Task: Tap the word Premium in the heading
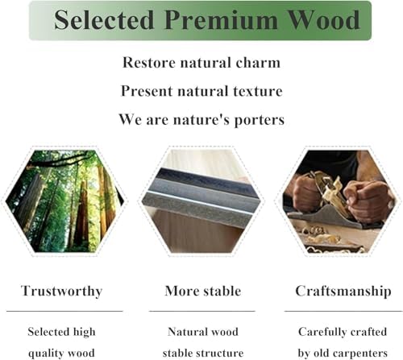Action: coord(214,20)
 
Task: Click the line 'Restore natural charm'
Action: coord(201,62)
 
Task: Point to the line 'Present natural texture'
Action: coord(201,91)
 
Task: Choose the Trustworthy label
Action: coord(61,291)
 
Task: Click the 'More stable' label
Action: coord(202,291)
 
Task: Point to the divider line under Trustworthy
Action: coord(64,310)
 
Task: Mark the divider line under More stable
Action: coord(202,310)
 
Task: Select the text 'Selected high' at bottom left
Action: coord(61,332)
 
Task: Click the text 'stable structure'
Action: coord(202,353)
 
